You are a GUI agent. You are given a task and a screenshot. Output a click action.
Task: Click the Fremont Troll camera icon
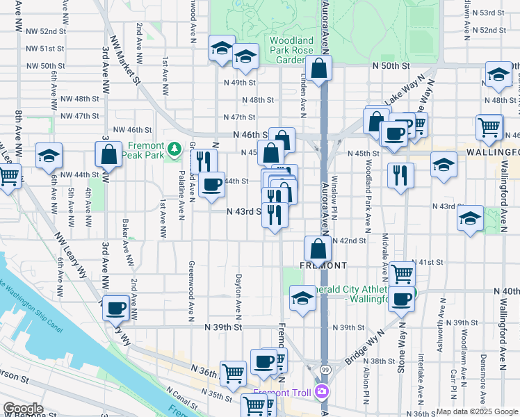[x=321, y=393]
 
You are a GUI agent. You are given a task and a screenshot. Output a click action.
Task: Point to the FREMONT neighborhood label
[x=323, y=265]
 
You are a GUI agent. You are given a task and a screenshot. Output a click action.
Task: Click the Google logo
[x=24, y=409]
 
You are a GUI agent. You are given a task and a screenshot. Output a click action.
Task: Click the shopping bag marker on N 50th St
[x=319, y=69]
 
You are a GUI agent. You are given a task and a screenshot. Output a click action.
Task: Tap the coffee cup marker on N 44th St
[x=211, y=184]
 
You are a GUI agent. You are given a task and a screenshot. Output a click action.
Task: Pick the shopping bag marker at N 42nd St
[x=317, y=248]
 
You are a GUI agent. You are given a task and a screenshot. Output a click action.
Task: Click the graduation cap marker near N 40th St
[x=302, y=298]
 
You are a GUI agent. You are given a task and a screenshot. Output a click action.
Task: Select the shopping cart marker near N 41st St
[x=401, y=274]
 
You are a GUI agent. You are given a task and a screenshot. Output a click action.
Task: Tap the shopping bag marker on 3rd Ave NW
[x=109, y=154]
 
